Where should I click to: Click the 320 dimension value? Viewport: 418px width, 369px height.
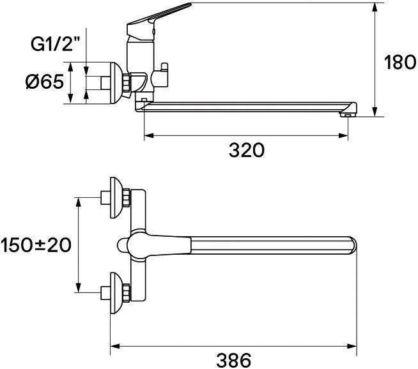pyautogui.click(x=247, y=151)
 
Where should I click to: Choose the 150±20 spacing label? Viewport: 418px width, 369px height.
pyautogui.click(x=36, y=244)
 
